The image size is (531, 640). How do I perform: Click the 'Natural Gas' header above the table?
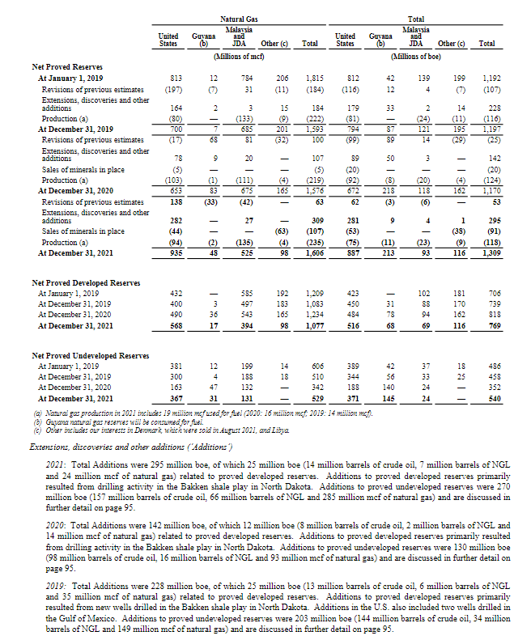coord(234,18)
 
